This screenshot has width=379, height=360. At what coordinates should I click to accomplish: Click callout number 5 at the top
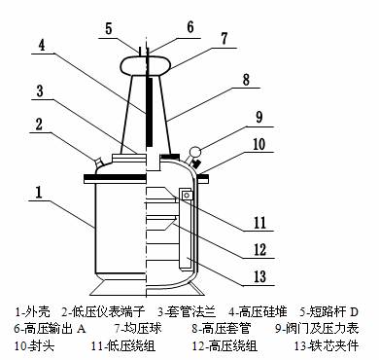click(109, 28)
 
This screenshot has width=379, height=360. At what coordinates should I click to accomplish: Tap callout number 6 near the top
click(190, 27)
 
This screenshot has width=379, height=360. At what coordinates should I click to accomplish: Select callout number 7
click(224, 38)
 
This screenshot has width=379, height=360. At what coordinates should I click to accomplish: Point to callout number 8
click(247, 79)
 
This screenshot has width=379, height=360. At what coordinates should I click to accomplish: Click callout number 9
click(259, 118)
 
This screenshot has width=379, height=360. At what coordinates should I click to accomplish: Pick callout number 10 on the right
click(258, 144)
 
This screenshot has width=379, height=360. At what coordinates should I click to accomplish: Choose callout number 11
click(259, 223)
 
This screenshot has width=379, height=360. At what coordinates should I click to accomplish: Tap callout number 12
click(259, 250)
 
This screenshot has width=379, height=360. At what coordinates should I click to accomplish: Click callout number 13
click(259, 277)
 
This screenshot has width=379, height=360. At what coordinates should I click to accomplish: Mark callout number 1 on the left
click(39, 192)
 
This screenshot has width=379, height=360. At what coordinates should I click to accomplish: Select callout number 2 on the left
click(39, 124)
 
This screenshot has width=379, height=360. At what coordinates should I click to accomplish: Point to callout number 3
click(40, 90)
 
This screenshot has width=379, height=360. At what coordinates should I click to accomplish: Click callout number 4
click(42, 45)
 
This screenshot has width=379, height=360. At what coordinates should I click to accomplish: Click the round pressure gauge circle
click(195, 151)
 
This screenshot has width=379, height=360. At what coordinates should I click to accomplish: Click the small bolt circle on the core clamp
click(187, 195)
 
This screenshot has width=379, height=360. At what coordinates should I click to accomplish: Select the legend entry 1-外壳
click(33, 312)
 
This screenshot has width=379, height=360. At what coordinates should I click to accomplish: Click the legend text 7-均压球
click(138, 328)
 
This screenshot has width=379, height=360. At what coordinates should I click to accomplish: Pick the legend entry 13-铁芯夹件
click(327, 345)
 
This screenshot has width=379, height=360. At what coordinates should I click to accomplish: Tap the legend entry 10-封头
click(34, 345)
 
